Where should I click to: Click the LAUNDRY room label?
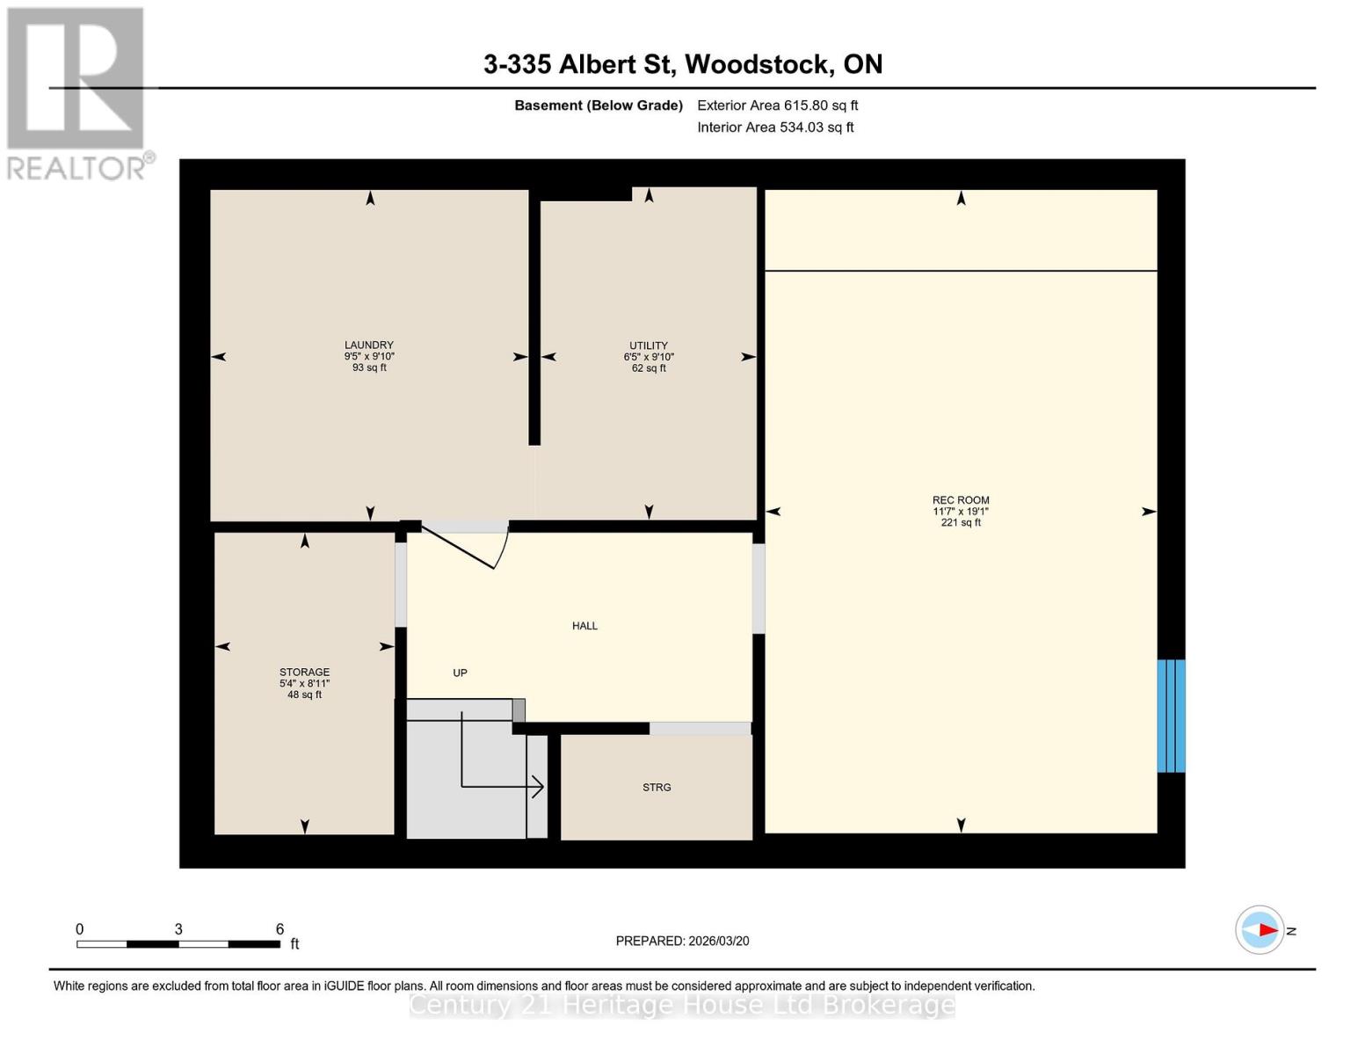click(x=369, y=346)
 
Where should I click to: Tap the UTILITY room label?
click(x=649, y=346)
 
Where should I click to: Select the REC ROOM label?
click(x=961, y=500)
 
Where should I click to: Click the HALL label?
click(x=584, y=626)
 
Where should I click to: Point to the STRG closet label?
click(x=657, y=788)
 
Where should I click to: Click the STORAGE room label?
click(x=305, y=673)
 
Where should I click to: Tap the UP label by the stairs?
click(x=460, y=673)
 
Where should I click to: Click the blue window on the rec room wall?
click(x=1171, y=716)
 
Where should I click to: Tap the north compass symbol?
click(x=1260, y=929)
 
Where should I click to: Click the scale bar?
click(x=178, y=944)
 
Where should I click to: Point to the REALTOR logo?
click(x=77, y=92)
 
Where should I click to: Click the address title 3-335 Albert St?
click(x=682, y=64)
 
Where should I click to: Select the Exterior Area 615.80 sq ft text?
click(x=777, y=105)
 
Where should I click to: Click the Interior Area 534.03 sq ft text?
click(x=775, y=127)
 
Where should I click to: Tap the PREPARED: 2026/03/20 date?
click(x=682, y=941)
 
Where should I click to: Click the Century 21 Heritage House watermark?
click(x=682, y=1005)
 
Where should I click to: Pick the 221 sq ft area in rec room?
click(x=961, y=522)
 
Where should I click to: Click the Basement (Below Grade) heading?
click(x=598, y=105)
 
